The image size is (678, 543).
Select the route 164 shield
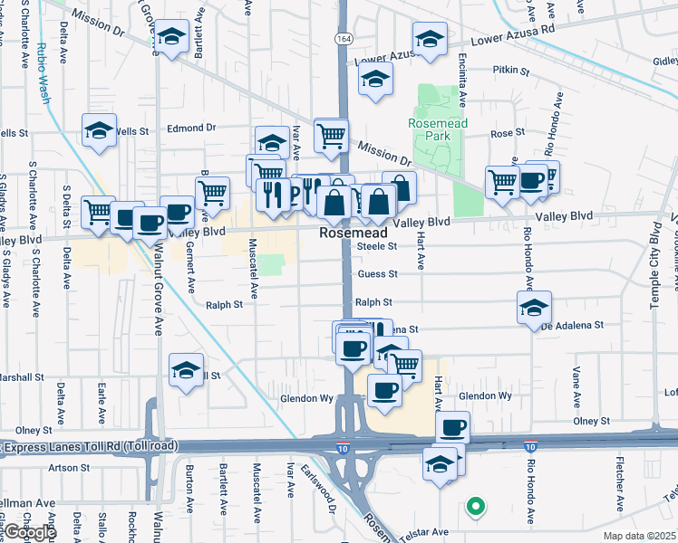coord(343,40)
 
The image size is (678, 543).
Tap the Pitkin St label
coord(505,69)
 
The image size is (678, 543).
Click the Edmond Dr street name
coord(191,128)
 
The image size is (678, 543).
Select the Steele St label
coord(377,246)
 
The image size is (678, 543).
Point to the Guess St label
coord(377,274)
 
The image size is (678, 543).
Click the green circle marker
coord(474,508)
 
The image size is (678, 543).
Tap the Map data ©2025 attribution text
coord(638,536)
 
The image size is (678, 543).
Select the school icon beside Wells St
coord(99,131)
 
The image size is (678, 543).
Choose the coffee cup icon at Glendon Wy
coord(384,390)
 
